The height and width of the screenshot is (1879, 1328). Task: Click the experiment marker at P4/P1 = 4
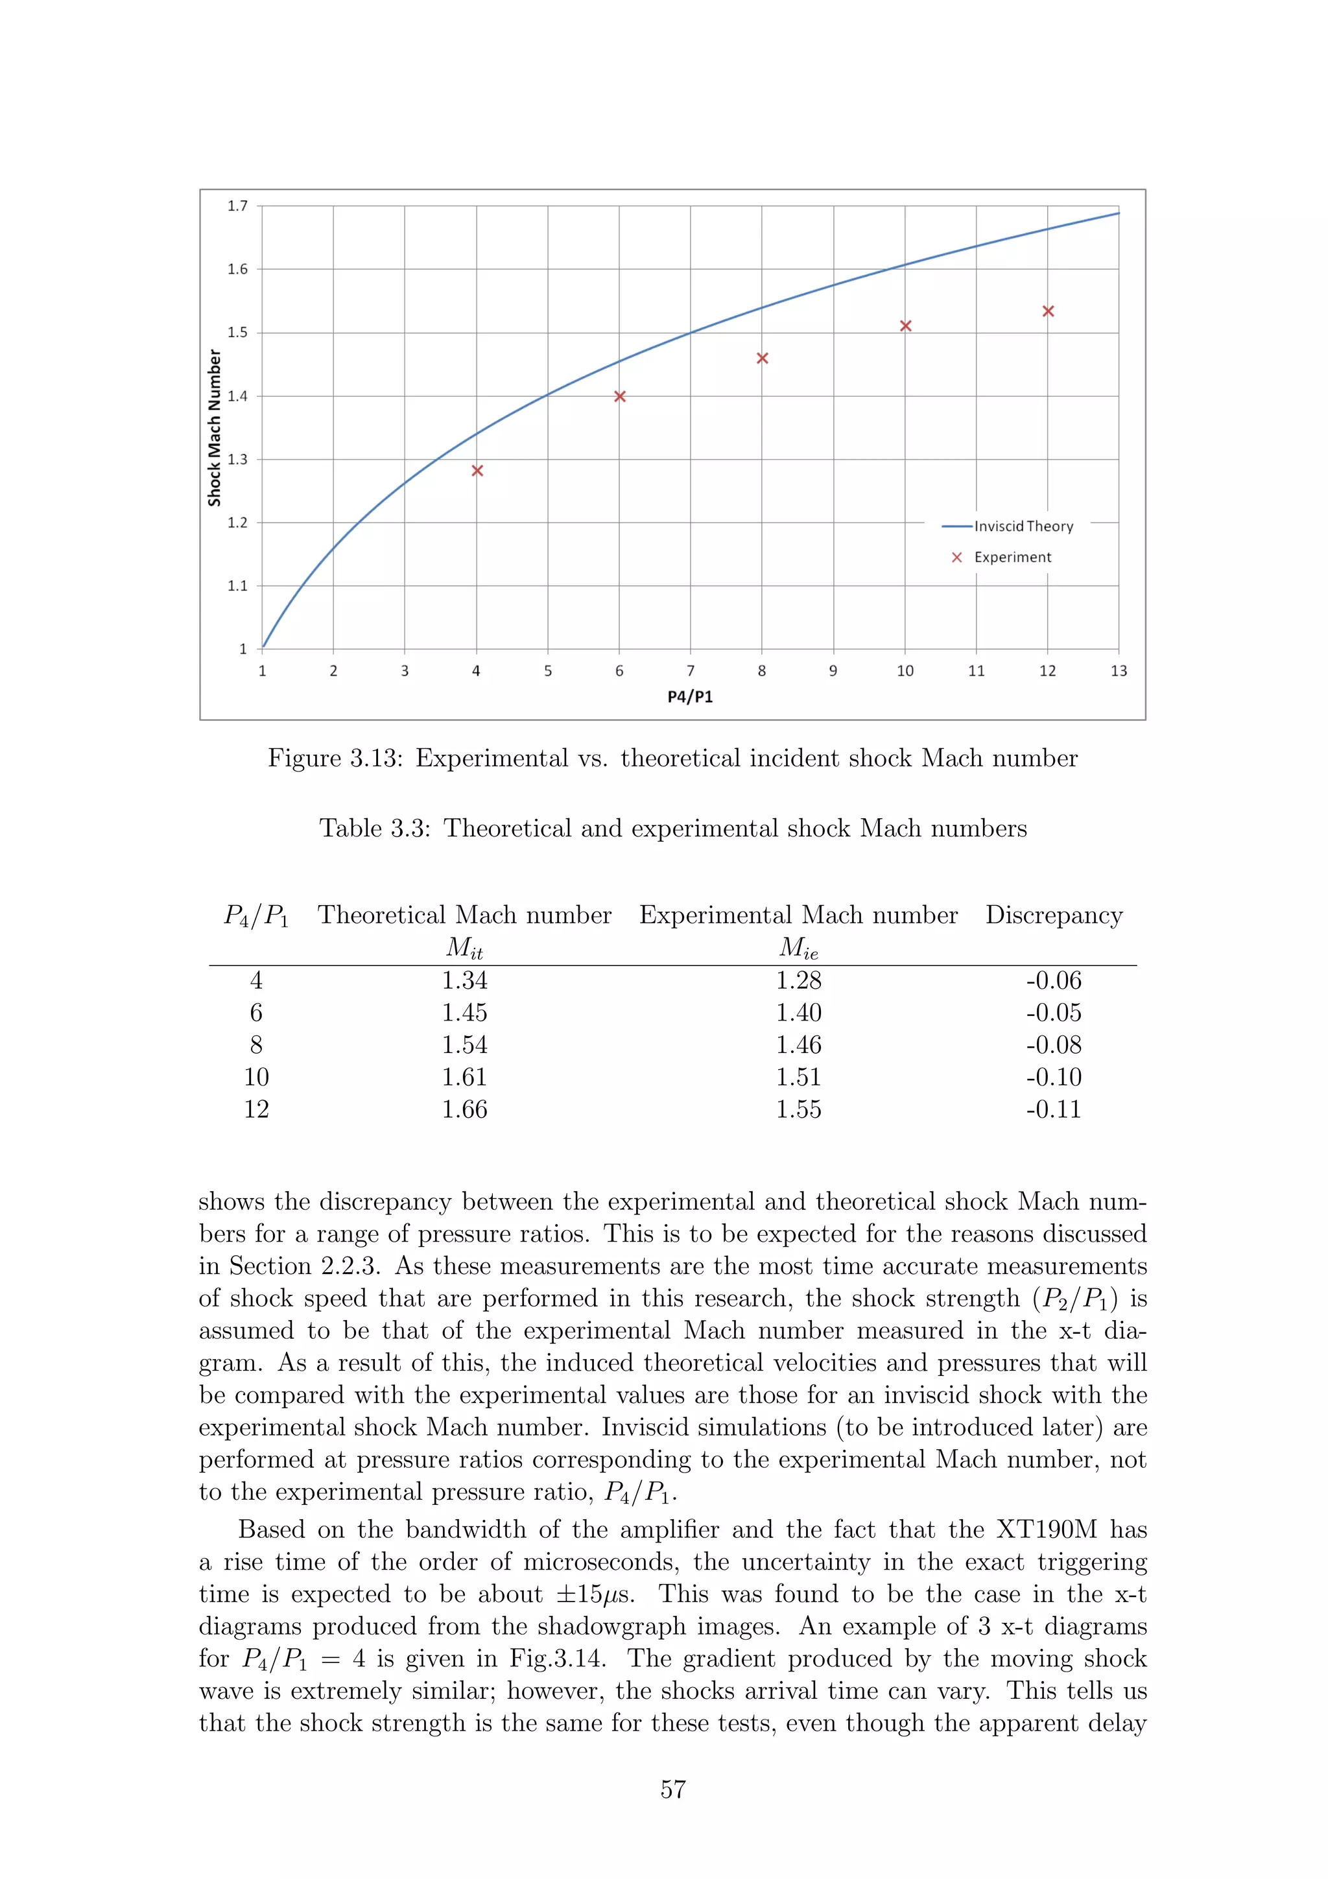click(477, 471)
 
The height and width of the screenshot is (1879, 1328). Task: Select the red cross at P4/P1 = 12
click(1047, 311)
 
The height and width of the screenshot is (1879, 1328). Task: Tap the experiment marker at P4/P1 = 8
click(762, 358)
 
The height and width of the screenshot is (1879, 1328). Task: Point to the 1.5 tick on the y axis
click(237, 332)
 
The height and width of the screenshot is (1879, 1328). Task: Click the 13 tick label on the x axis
click(1118, 671)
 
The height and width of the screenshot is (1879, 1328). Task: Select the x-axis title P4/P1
click(690, 696)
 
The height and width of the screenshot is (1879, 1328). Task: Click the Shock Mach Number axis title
click(215, 427)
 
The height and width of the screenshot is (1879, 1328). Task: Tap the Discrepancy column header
click(1053, 915)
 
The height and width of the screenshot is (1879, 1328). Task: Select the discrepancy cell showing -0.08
click(1053, 1045)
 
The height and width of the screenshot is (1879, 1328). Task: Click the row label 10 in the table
click(256, 1077)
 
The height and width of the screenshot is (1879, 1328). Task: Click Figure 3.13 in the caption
click(335, 758)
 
